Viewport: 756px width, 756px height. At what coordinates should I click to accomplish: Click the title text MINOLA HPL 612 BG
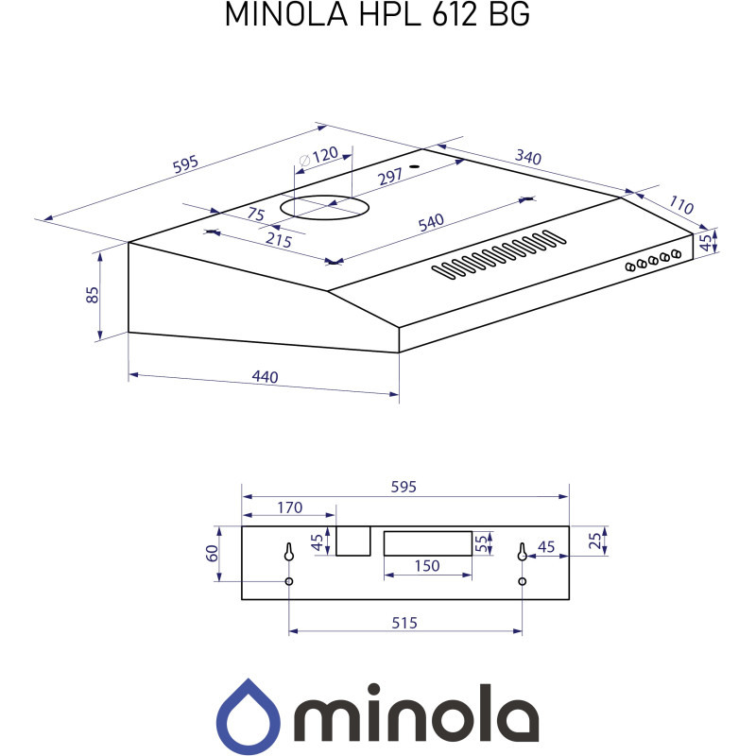click(x=377, y=16)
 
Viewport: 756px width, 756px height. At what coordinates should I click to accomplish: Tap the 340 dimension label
click(x=527, y=157)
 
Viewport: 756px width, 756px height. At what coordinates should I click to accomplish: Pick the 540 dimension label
click(x=430, y=222)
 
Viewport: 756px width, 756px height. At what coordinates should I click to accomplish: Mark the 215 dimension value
click(x=278, y=240)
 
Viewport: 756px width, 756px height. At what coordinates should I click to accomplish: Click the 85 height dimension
click(x=92, y=294)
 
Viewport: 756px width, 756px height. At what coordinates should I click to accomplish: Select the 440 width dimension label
click(x=265, y=377)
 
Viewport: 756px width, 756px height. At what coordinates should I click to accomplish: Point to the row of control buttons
click(x=653, y=260)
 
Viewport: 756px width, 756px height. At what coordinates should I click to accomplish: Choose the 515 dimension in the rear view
click(x=404, y=623)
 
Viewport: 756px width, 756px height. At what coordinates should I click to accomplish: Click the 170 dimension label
click(x=289, y=507)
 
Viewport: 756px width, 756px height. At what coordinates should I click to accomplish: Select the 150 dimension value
click(x=427, y=565)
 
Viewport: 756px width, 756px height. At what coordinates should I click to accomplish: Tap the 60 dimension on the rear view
click(x=213, y=553)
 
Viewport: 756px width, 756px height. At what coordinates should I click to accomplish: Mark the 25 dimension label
click(x=593, y=541)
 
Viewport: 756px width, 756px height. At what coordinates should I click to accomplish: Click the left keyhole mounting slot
click(x=289, y=552)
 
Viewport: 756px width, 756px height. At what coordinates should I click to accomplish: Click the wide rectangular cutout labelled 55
click(x=427, y=542)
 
